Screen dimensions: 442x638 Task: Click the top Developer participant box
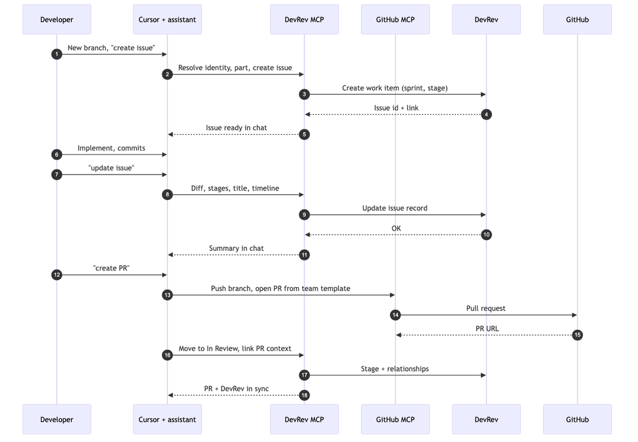57,20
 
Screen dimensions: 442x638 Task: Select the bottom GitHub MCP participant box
395,420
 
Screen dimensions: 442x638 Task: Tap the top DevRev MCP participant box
304,20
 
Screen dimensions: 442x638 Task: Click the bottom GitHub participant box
577,420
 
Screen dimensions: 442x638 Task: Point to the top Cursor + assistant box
167,20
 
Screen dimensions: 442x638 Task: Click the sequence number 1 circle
57,54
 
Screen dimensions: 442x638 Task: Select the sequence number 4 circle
486,115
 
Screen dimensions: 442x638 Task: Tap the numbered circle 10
486,235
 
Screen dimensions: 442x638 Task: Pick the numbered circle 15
577,335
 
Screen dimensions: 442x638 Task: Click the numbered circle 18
304,395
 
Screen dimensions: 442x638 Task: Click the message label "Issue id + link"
396,108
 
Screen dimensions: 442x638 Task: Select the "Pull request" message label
486,308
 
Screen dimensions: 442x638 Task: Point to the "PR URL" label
487,328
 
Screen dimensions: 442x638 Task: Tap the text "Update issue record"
395,208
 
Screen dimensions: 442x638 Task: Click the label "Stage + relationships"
395,369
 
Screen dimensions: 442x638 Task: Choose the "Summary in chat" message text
236,249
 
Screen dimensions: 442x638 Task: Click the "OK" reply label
396,228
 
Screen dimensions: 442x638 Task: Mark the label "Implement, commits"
112,148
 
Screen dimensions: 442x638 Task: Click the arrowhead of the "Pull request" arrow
574,315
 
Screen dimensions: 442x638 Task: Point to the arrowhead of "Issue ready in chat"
171,135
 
